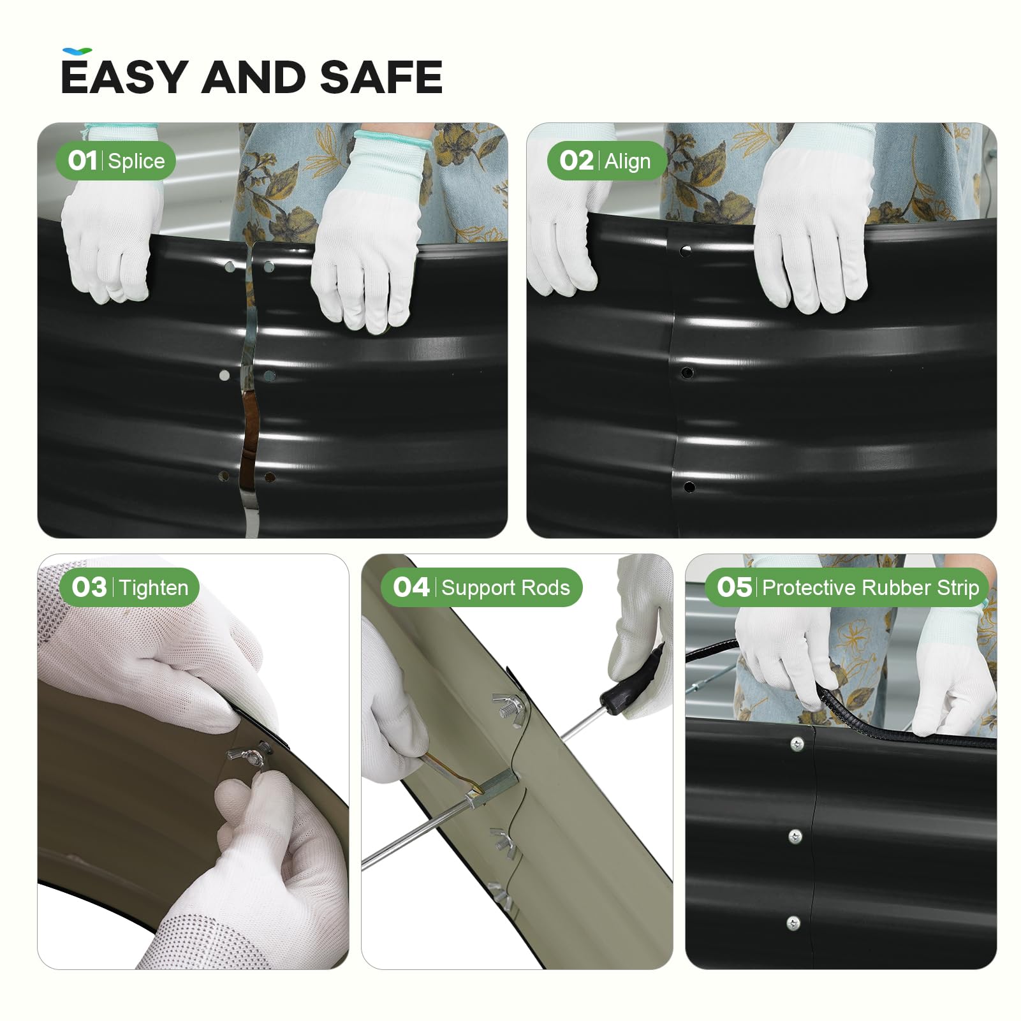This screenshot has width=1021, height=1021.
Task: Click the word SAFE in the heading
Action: [x=381, y=77]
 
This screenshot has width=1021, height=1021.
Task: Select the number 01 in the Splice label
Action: [x=83, y=161]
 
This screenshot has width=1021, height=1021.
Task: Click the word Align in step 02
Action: [x=628, y=161]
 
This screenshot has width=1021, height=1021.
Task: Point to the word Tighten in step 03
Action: [x=154, y=587]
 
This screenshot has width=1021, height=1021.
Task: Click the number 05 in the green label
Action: [x=734, y=587]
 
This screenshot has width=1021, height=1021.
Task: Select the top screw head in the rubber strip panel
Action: [x=797, y=744]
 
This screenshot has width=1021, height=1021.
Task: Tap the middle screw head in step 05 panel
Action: [x=795, y=836]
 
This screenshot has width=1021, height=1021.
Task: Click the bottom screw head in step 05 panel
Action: [x=793, y=922]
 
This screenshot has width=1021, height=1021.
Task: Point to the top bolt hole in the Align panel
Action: [x=686, y=251]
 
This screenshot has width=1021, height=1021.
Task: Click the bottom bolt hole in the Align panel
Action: [x=689, y=487]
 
